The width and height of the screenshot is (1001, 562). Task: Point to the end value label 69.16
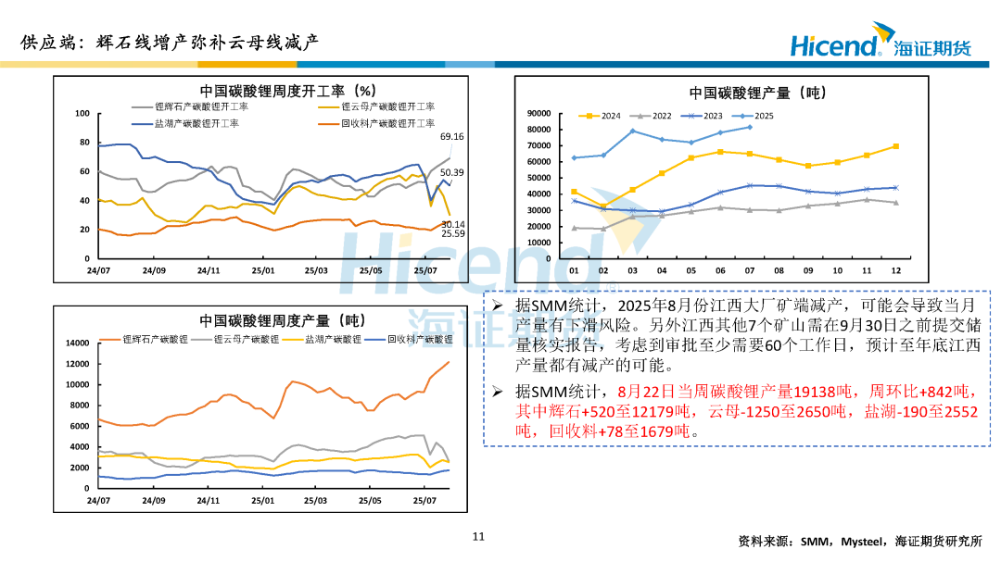click(x=452, y=137)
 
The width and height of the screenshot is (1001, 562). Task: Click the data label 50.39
click(x=452, y=173)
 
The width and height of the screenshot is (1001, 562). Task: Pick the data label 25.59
click(x=452, y=233)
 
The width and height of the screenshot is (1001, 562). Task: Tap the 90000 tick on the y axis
click(x=538, y=113)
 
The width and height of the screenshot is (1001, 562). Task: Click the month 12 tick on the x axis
click(x=895, y=270)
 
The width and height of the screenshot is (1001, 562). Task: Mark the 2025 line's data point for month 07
click(x=749, y=127)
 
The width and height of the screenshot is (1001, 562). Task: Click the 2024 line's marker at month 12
click(x=895, y=146)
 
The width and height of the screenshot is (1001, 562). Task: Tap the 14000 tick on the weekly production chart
click(x=76, y=343)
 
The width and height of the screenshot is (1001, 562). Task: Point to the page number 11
click(x=479, y=536)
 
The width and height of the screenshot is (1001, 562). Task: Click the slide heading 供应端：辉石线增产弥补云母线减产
click(x=170, y=42)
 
